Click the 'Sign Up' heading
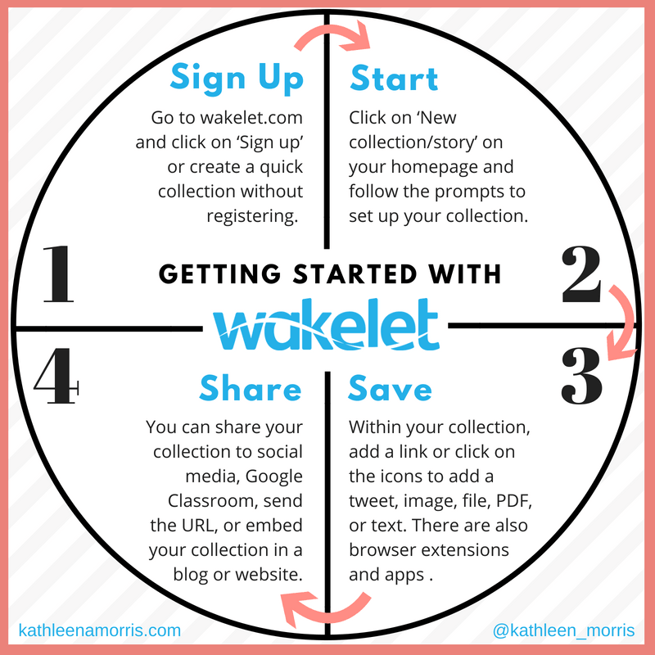click(237, 79)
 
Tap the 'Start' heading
click(395, 79)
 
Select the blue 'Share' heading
click(250, 390)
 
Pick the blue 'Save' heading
click(391, 390)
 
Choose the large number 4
click(56, 379)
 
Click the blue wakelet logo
click(326, 324)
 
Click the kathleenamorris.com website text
click(99, 630)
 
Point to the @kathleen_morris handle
click(564, 630)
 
